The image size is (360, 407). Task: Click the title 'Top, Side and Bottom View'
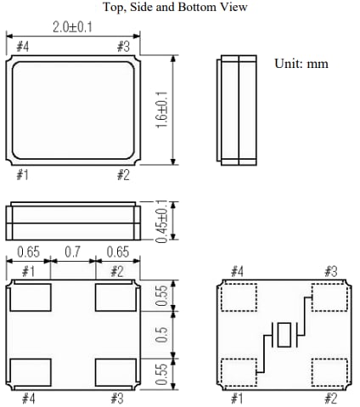tap(175, 8)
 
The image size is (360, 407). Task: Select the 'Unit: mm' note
tap(301, 64)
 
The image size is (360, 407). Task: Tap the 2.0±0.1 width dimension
tap(72, 27)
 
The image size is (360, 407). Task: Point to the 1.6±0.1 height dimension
tap(161, 110)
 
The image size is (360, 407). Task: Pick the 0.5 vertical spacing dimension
tap(160, 335)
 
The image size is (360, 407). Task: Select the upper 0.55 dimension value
tap(160, 297)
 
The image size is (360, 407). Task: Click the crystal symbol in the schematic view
tap(280, 335)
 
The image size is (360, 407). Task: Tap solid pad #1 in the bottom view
tap(30, 297)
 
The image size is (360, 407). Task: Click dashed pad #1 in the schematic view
tap(238, 371)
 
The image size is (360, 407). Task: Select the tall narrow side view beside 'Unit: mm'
tap(239, 110)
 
